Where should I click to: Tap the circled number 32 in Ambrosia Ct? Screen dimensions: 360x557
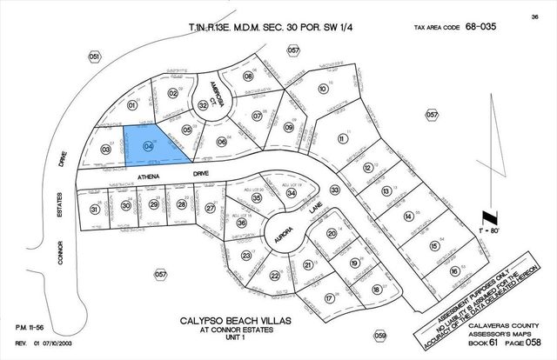202,104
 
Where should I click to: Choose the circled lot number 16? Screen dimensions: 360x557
453,272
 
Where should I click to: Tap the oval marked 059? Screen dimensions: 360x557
379,335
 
